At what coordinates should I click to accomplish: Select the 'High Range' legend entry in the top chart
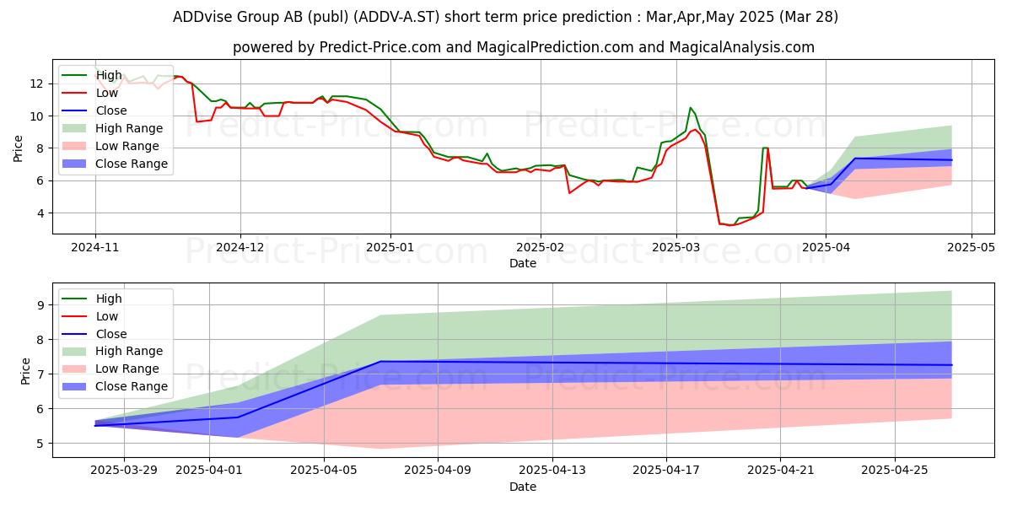click(130, 128)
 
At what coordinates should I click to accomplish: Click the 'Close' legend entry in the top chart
click(111, 110)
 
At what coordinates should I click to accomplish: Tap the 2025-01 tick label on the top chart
click(390, 248)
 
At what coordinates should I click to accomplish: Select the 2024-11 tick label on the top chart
click(94, 248)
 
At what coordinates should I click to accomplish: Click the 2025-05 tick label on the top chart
click(972, 248)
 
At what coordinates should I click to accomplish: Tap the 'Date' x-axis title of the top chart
click(523, 263)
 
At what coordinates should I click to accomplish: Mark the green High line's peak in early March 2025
click(690, 108)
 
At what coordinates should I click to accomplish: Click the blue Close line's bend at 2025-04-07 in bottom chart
click(381, 362)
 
